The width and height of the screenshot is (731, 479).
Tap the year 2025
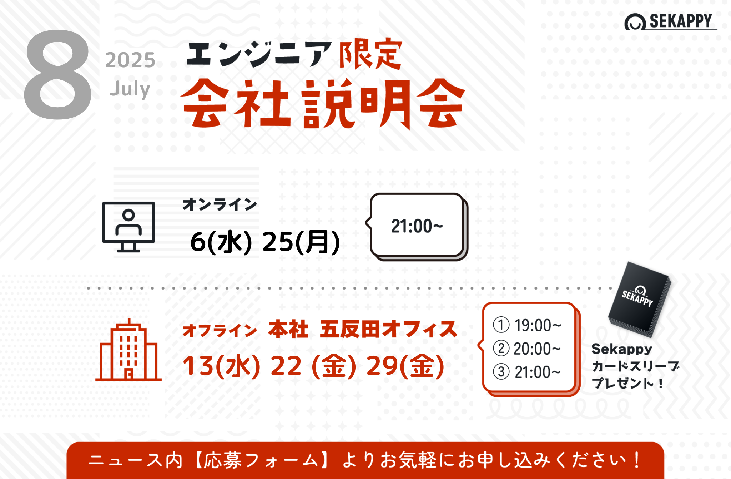130,60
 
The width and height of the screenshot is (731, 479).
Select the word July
130,89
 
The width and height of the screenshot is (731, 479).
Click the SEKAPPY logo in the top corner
670,21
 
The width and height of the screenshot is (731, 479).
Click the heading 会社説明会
323,104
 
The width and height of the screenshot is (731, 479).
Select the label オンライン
220,205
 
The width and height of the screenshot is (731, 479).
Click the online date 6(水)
221,242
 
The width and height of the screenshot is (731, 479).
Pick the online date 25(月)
301,242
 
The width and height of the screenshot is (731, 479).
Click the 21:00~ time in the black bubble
417,226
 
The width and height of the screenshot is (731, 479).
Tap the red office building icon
128,350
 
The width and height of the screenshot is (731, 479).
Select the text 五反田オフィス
388,329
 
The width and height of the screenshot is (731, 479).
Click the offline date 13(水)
221,366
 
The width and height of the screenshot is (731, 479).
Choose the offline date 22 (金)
313,366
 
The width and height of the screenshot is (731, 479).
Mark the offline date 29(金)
405,366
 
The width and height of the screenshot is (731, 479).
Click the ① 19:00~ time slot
527,325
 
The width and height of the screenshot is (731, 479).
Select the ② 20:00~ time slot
527,349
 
